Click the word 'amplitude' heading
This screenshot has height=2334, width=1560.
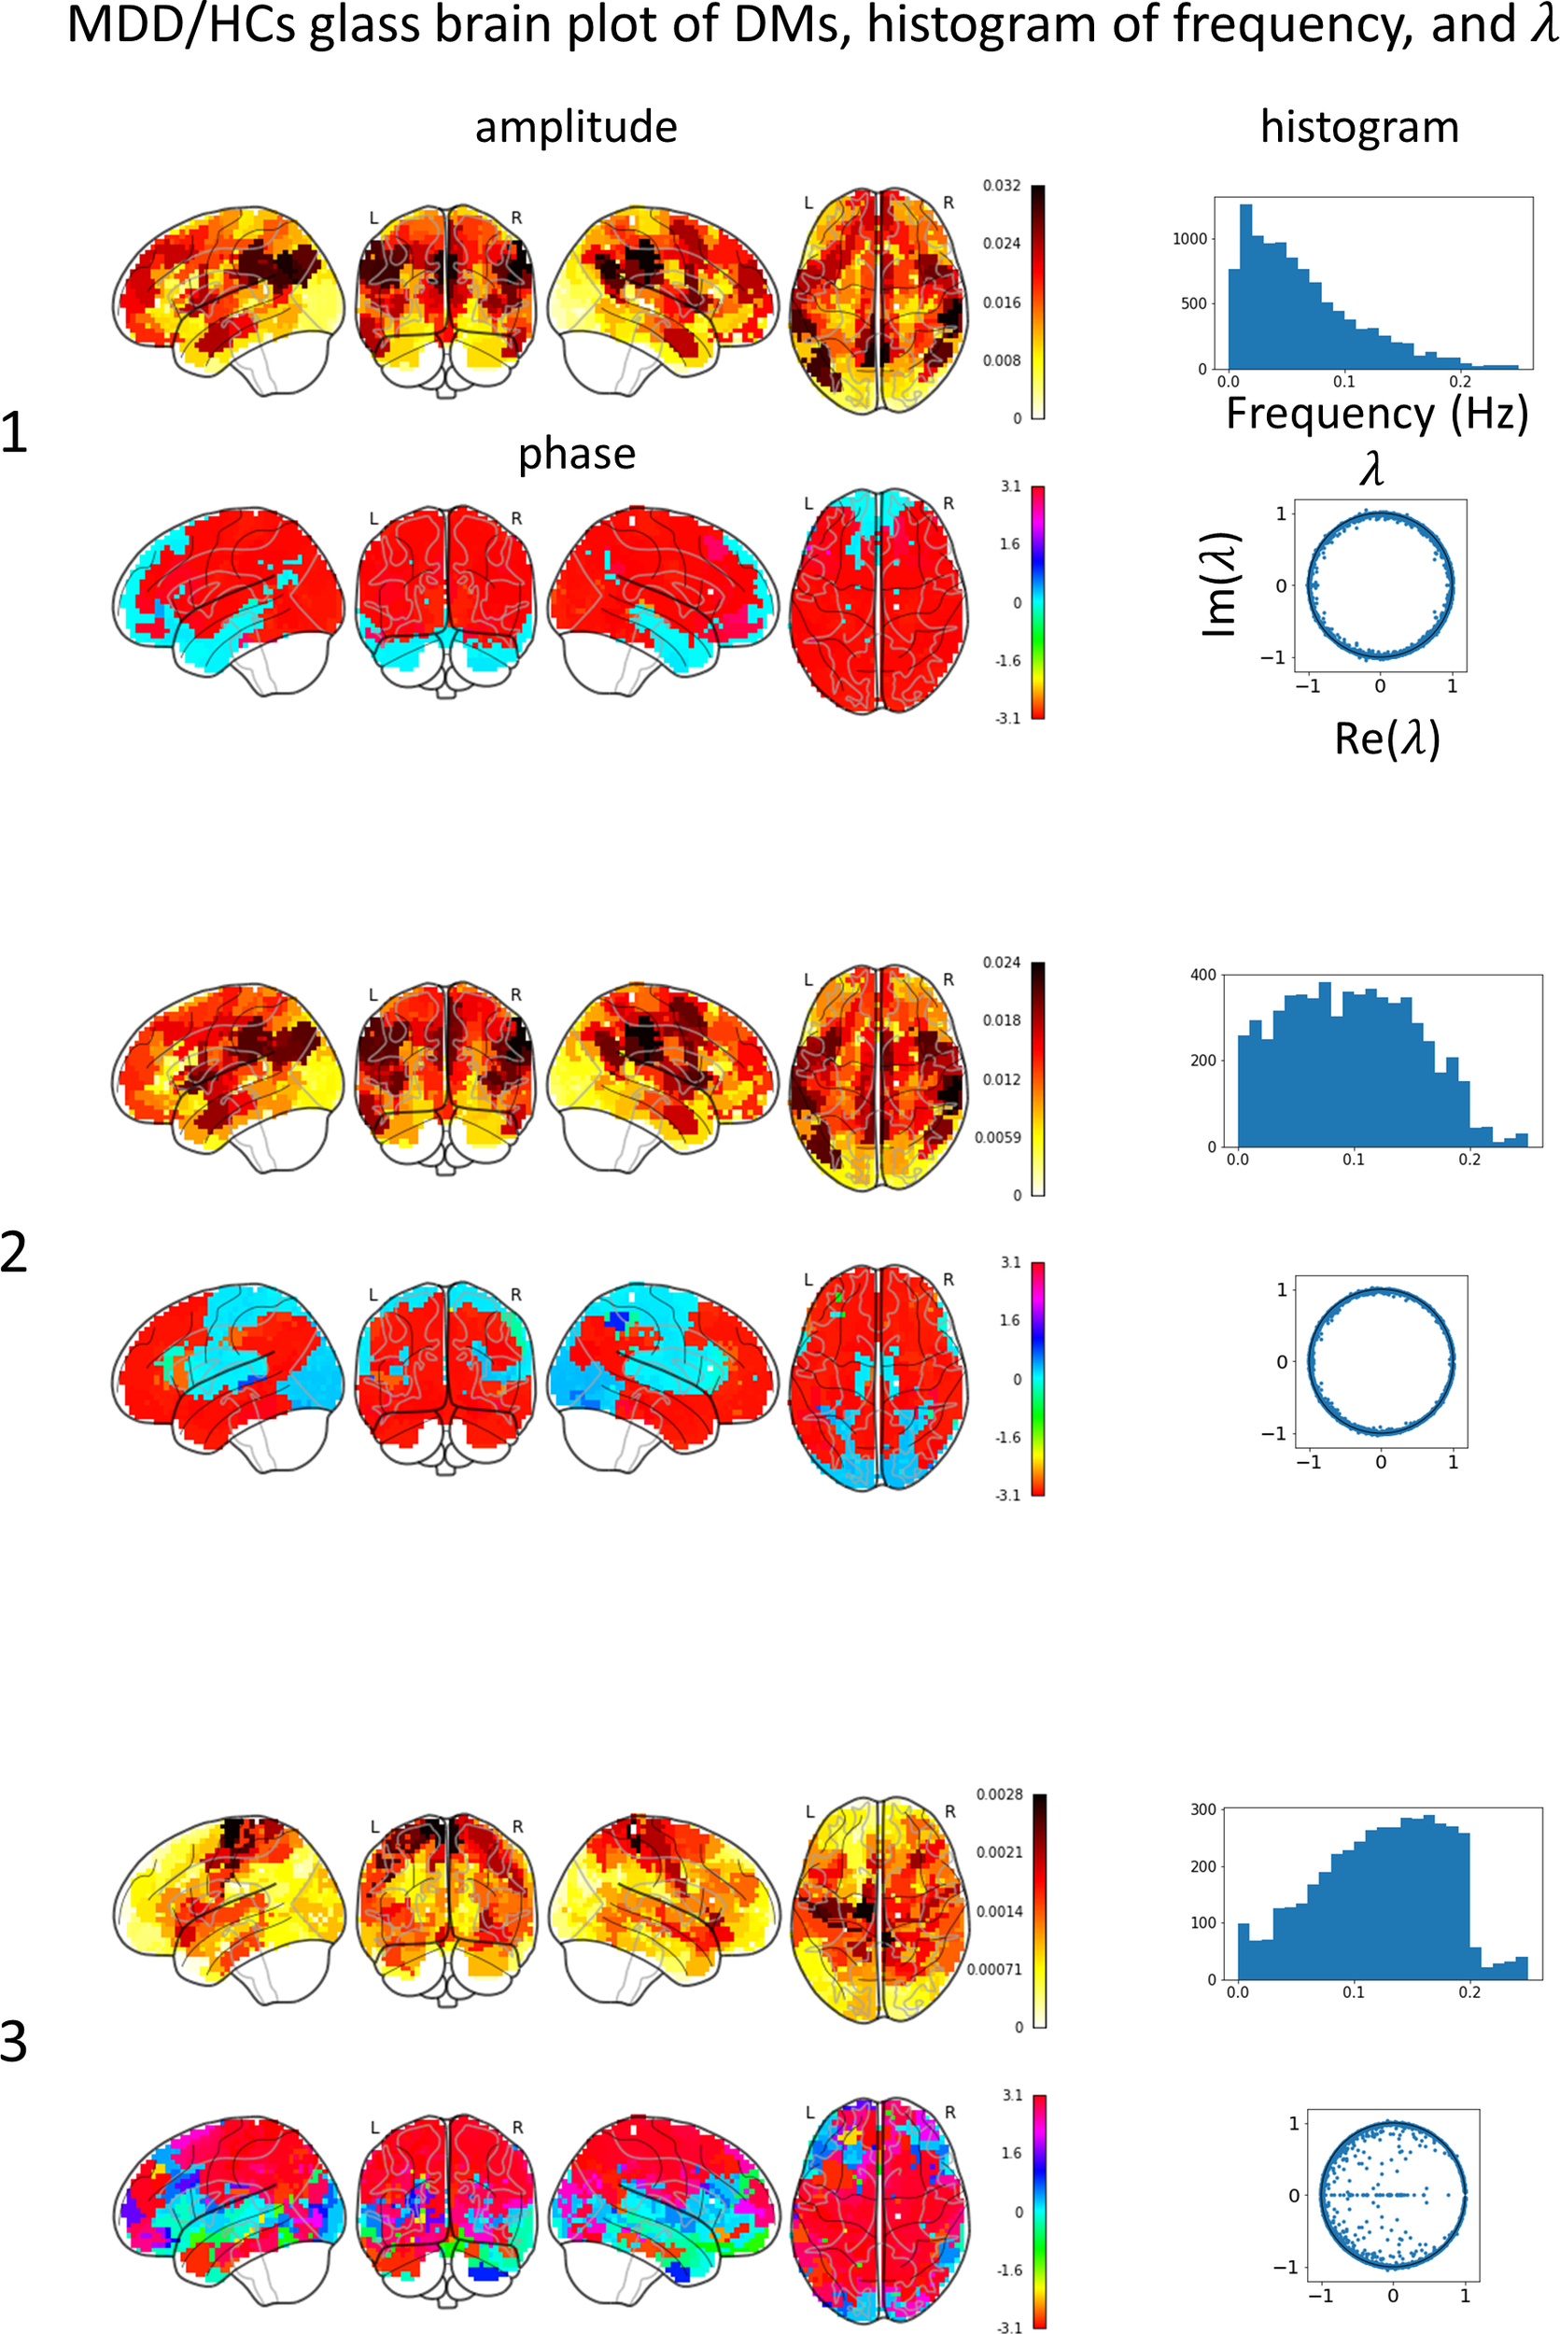(x=576, y=127)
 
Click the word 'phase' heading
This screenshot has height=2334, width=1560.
(x=576, y=455)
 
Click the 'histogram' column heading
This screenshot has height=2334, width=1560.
(x=1359, y=127)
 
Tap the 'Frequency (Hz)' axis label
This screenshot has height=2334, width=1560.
(x=1376, y=413)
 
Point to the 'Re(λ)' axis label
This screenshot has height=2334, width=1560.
(x=1387, y=738)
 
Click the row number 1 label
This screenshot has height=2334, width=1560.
(x=14, y=434)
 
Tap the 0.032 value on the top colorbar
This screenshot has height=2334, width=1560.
(x=1001, y=186)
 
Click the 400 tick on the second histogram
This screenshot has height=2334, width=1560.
(x=1202, y=975)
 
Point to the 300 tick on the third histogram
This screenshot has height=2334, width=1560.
(x=1202, y=1809)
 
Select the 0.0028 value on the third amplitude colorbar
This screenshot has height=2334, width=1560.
(x=999, y=1794)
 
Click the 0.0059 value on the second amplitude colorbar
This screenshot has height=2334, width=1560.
(x=998, y=1137)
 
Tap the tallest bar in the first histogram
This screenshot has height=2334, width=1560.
(x=1245, y=288)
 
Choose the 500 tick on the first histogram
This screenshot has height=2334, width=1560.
(x=1193, y=303)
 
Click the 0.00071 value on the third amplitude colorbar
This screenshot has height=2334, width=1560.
(x=995, y=1970)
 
